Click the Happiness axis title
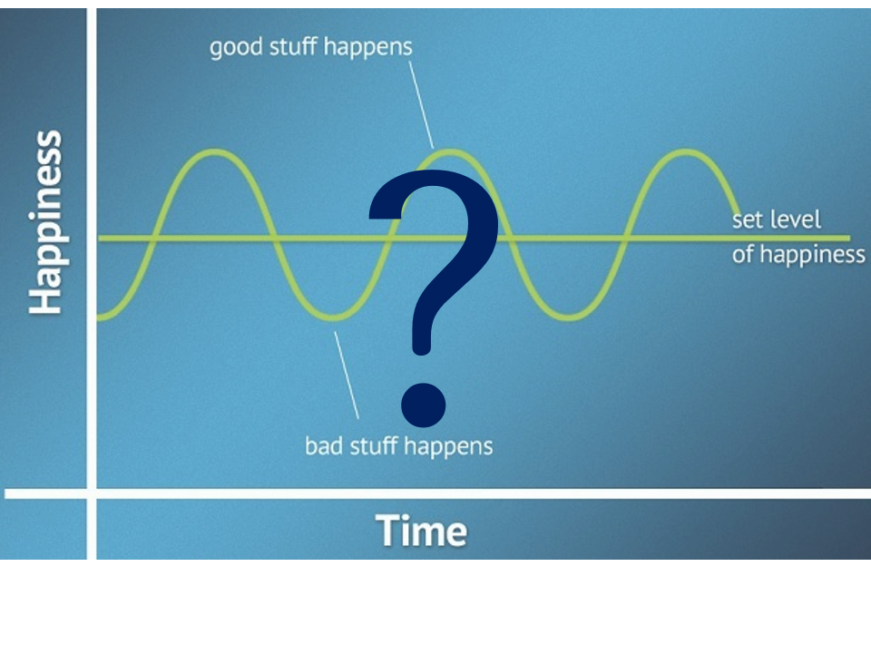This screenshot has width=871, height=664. (45, 222)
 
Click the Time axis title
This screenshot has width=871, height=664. (422, 530)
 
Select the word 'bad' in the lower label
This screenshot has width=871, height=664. (321, 445)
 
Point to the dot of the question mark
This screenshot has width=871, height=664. (424, 405)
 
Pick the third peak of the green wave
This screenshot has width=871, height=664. (687, 151)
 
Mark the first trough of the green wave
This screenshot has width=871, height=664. (333, 317)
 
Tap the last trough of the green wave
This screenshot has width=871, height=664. (569, 317)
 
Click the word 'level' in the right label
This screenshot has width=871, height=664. (798, 220)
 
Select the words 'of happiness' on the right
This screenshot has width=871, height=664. (798, 255)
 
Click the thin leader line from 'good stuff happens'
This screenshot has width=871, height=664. (422, 105)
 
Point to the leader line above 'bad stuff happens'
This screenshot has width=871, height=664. (347, 376)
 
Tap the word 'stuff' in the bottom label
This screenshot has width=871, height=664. (373, 445)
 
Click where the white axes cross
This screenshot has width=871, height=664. (92, 493)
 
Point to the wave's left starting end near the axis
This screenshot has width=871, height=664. (100, 317)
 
